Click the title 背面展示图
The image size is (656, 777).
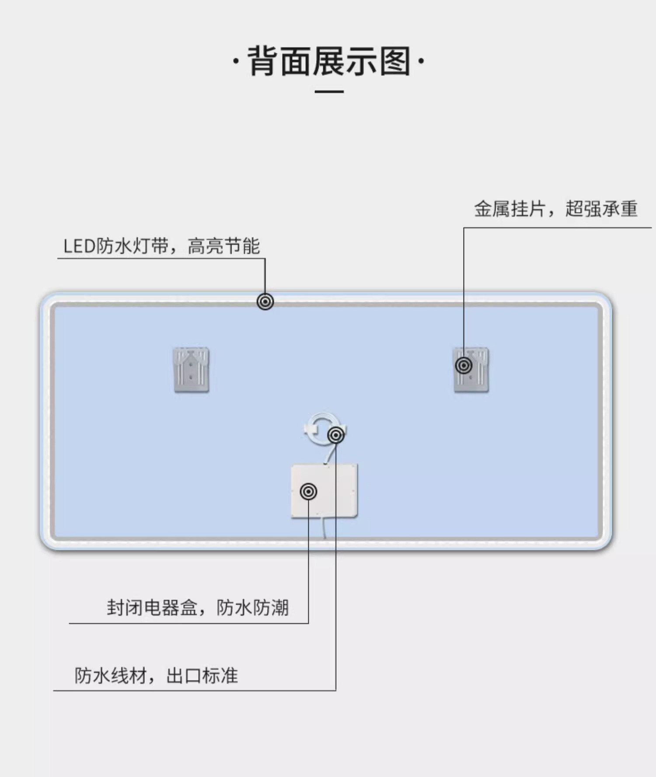[x=329, y=61]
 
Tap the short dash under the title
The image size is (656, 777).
[x=329, y=92]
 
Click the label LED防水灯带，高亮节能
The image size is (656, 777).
[x=161, y=246]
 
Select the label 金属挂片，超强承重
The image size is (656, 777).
[x=555, y=209]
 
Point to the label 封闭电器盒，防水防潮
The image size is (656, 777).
[x=198, y=607]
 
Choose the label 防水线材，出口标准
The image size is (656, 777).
[x=156, y=676]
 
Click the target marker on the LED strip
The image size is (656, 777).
[x=265, y=302]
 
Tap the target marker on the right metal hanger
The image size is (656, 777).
[x=464, y=365]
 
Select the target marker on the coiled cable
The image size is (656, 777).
[x=336, y=435]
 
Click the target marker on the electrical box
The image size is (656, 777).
[x=308, y=492]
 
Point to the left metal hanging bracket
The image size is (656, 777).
[x=191, y=370]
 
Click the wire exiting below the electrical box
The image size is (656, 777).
[x=324, y=527]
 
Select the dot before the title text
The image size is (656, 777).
[x=236, y=61]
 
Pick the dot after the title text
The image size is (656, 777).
[x=421, y=61]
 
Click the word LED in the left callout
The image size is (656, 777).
[x=79, y=246]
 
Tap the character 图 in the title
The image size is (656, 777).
[x=395, y=61]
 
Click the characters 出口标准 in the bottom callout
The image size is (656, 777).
[x=202, y=676]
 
